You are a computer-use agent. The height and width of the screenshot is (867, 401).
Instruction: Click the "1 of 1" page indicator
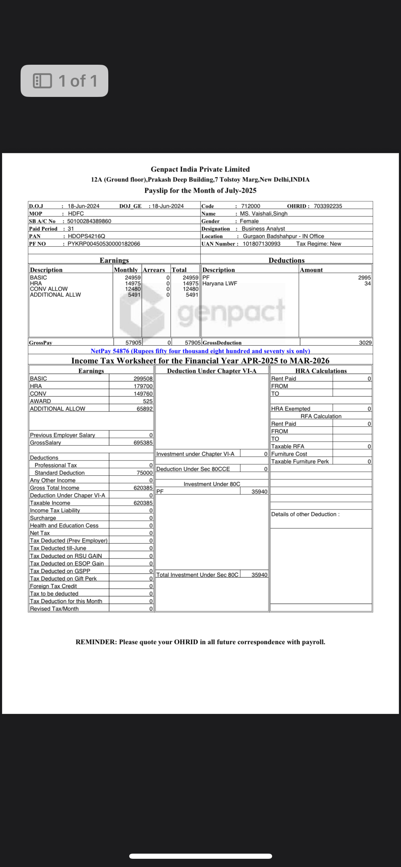pos(64,81)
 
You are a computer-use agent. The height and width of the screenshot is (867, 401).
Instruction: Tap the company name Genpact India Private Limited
pos(200,169)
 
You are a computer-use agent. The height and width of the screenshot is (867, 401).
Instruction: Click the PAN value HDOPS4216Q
pos(86,236)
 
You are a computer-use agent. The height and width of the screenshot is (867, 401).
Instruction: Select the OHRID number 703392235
pos(328,206)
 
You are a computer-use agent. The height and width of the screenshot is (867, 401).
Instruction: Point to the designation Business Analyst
pos(263,229)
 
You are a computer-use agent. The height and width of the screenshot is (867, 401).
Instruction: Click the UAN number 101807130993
pos(262,244)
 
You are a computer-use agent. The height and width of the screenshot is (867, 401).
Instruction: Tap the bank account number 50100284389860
pos(89,221)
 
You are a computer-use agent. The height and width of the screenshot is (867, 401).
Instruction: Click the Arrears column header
pos(154,270)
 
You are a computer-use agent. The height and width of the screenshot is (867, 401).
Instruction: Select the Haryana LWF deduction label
pos(220,284)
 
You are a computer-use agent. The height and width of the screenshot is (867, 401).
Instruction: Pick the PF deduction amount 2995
pos(364,278)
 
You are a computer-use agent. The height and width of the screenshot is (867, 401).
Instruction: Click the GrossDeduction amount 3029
pos(365,343)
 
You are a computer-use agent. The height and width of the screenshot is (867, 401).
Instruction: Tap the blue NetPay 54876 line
pos(200,351)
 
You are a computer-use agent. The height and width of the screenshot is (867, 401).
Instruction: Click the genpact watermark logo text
pos(231,312)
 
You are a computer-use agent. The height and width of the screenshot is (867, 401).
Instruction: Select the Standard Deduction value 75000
pos(145,473)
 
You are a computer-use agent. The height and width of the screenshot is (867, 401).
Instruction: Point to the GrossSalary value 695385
pos(143,443)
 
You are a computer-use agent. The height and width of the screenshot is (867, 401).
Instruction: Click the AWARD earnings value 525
pos(148,401)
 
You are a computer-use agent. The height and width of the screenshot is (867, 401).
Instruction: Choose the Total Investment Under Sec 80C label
pos(197,575)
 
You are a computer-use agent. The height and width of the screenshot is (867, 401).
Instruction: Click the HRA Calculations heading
pos(321,371)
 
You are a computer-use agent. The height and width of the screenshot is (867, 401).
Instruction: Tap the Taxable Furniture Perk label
pos(300,462)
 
